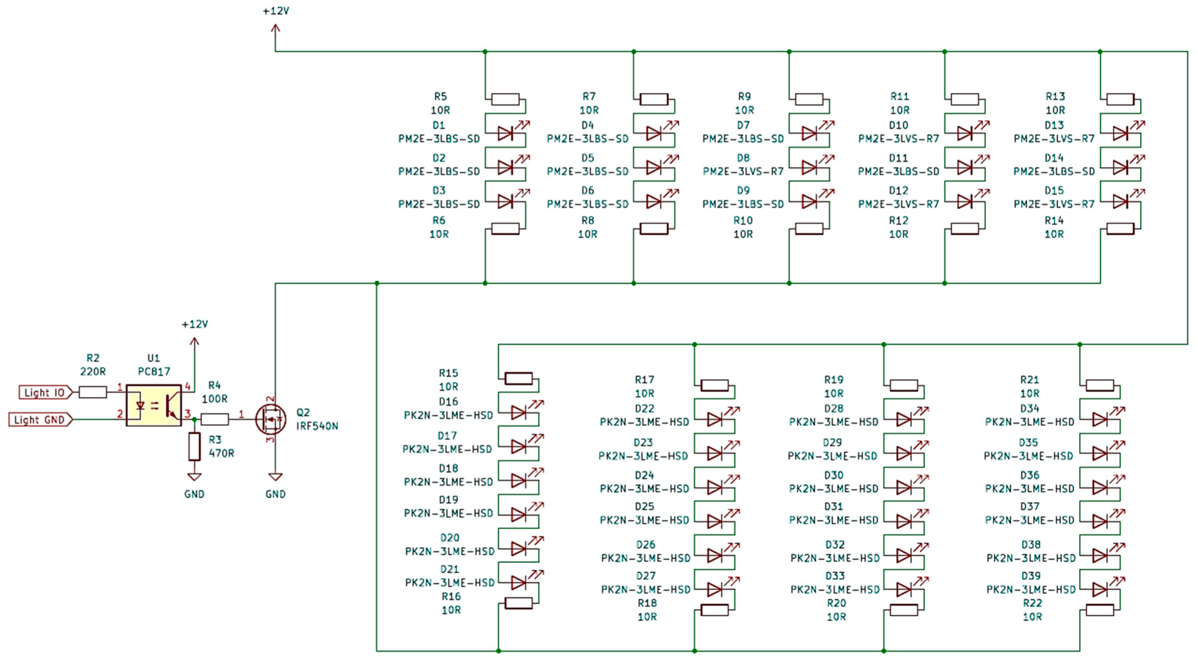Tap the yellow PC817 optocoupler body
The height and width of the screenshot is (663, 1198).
click(153, 405)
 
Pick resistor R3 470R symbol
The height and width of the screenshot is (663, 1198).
click(194, 446)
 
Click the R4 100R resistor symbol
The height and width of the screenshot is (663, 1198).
click(214, 419)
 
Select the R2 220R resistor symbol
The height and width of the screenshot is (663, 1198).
click(93, 393)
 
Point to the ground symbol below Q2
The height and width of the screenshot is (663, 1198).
click(275, 477)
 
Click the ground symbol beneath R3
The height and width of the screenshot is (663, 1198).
click(194, 477)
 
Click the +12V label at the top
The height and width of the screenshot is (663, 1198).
click(276, 11)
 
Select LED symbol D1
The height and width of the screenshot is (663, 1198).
click(505, 134)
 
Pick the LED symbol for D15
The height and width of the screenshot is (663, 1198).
click(1120, 201)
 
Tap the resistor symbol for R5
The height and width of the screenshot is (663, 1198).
click(505, 100)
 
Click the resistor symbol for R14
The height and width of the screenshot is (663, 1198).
click(1120, 228)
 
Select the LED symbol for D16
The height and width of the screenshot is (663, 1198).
click(519, 412)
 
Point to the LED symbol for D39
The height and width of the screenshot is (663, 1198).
click(1100, 589)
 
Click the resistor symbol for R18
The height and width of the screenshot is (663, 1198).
click(714, 610)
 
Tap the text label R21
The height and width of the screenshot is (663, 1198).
click(1029, 380)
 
